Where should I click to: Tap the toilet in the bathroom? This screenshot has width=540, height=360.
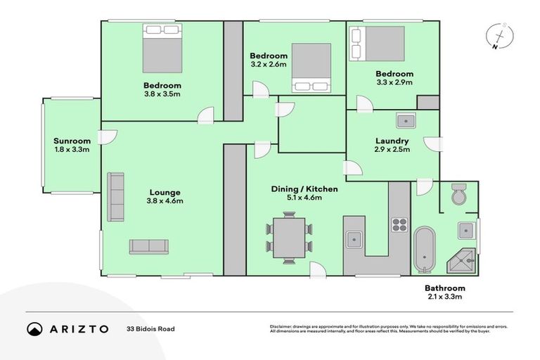[458, 195]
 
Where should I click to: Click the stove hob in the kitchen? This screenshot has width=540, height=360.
[399, 225]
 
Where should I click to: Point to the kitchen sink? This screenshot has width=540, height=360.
[354, 239]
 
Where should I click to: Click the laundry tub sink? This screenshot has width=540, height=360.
[405, 121]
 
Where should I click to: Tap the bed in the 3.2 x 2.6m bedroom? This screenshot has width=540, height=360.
[311, 67]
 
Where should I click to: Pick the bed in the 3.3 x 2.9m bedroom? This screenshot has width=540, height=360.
[378, 44]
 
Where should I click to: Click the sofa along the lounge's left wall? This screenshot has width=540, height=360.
[115, 195]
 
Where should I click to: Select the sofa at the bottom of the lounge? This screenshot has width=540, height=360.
[148, 247]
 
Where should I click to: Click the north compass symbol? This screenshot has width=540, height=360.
[499, 37]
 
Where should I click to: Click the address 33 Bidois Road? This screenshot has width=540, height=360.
[150, 329]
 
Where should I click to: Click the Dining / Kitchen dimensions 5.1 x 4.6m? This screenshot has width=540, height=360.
[304, 198]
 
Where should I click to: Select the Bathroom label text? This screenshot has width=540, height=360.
[444, 288]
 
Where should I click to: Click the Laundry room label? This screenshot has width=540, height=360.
[392, 140]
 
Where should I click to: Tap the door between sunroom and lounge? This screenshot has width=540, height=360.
[104, 136]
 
